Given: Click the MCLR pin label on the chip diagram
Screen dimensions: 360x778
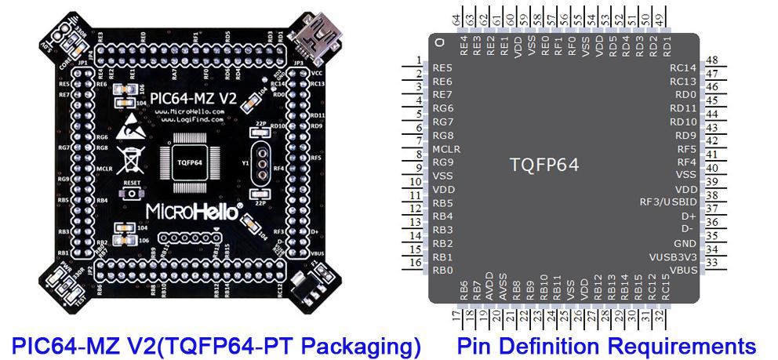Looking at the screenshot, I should tap(445, 149).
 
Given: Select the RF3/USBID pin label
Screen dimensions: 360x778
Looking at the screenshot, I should tap(668, 202).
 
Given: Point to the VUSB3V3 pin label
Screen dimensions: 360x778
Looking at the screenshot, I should tap(672, 256).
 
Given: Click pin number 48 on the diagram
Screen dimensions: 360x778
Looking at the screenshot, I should tap(711, 60).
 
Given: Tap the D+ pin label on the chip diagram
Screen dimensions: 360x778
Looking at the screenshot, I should tap(688, 216).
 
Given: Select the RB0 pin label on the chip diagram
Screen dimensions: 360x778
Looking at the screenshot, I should tap(443, 271).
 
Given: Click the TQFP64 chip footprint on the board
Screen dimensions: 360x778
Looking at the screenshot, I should tap(191, 161).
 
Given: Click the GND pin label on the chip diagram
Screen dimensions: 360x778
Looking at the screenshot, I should tap(685, 243).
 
